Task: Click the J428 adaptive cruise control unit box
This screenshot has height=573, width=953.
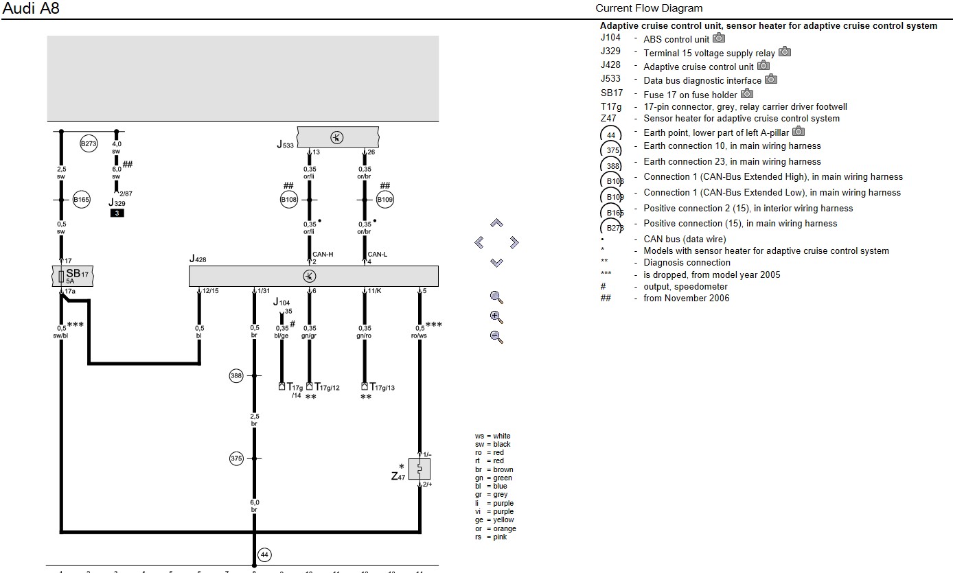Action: (x=313, y=276)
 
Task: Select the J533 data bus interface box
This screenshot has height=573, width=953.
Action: (x=337, y=137)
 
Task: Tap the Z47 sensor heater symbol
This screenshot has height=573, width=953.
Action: (x=419, y=469)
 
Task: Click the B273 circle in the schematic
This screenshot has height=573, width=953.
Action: (x=89, y=144)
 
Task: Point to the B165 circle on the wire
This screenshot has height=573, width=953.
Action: (x=81, y=200)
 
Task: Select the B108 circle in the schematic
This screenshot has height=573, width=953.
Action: (x=288, y=200)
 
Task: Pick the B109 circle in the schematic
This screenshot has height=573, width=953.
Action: (x=385, y=200)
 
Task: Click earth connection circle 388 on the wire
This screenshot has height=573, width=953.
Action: (x=236, y=375)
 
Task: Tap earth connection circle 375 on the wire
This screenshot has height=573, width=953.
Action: (x=236, y=458)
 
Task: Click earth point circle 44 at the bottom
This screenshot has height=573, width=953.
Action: (x=264, y=554)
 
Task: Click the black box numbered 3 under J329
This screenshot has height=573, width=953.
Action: (x=117, y=213)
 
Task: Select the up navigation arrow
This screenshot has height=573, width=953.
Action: (x=496, y=223)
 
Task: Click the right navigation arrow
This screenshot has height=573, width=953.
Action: (x=514, y=242)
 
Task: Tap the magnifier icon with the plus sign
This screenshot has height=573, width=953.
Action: (x=496, y=317)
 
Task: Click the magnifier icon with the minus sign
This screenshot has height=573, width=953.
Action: (x=496, y=337)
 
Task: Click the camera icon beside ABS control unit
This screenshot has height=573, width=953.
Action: (x=719, y=38)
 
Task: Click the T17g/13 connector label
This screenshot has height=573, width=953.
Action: (x=378, y=388)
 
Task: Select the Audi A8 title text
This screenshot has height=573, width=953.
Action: (x=31, y=9)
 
